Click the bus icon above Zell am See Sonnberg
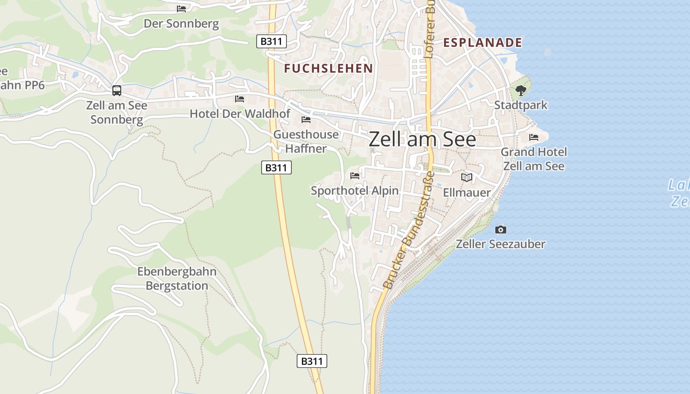coord(117,91)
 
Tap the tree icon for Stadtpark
coord(520,91)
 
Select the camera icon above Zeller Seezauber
coord(500,230)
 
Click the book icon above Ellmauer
coord(466,177)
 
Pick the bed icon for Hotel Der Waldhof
coord(240,99)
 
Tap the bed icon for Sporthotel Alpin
coord(355,175)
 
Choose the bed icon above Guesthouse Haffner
coord(306,120)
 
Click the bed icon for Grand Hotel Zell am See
coord(534,137)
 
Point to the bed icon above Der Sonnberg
coord(181,8)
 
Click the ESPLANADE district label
coord(483,42)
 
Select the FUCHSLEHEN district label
coord(328,68)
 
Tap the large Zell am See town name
coord(422,139)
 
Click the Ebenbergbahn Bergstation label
coord(177,278)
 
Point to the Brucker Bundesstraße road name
coord(409,230)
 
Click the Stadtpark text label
coord(520,105)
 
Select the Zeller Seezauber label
coord(500,244)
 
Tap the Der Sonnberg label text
coord(181,24)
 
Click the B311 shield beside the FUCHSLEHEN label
coord(272,41)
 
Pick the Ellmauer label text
coord(467,193)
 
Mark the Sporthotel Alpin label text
coord(355,191)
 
